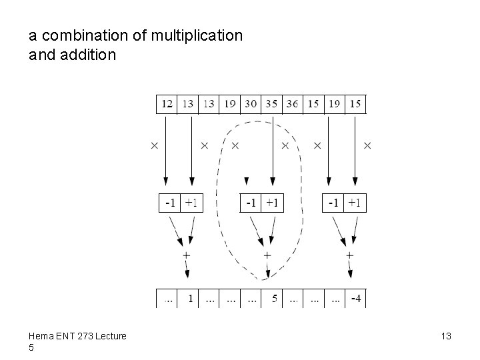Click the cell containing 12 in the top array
[167, 104]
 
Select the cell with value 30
[251, 104]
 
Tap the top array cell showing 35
[271, 104]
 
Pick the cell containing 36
[292, 104]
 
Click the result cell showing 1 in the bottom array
[191, 299]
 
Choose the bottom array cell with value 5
[274, 299]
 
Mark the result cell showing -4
[355, 299]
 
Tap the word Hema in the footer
[41, 337]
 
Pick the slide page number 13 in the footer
[446, 337]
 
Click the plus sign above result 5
[267, 255]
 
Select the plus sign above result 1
[186, 255]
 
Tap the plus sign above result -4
[350, 255]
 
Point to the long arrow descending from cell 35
[272, 153]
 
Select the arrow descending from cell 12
[166, 150]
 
